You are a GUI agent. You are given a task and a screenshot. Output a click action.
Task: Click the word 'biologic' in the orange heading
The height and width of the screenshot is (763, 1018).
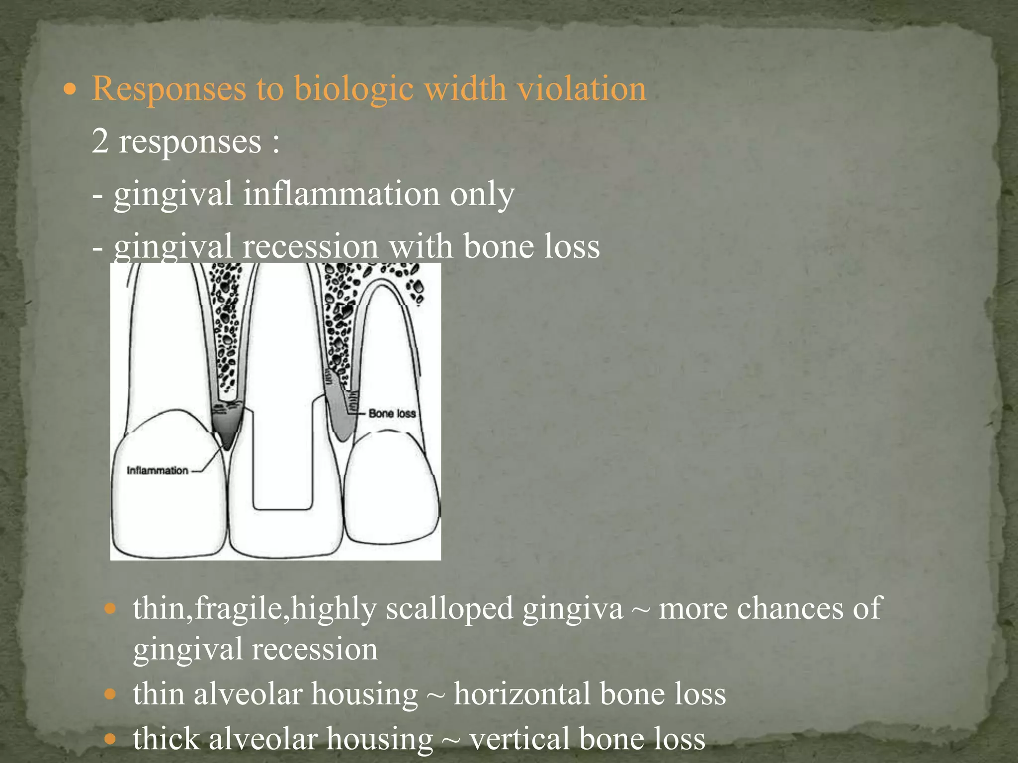pyautogui.click(x=353, y=89)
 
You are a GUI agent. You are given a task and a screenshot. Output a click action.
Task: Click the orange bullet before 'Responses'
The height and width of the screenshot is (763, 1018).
pyautogui.click(x=71, y=90)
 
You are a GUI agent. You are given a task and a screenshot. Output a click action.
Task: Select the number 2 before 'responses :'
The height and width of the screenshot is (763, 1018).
pyautogui.click(x=100, y=141)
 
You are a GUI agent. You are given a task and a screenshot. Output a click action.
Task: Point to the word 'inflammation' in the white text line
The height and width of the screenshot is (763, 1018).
pyautogui.click(x=341, y=194)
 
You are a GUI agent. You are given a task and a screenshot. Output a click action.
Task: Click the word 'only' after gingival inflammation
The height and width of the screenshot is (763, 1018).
pyautogui.click(x=482, y=195)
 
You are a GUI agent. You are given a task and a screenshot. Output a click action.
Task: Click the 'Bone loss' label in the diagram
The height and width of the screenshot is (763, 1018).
pyautogui.click(x=392, y=413)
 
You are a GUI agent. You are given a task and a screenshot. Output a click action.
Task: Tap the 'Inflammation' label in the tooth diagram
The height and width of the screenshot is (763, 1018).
pyautogui.click(x=157, y=470)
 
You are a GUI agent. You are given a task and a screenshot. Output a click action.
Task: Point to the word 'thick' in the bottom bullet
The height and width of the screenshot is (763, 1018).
pyautogui.click(x=166, y=738)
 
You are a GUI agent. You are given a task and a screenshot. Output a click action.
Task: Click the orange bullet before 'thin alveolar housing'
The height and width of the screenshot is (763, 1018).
pyautogui.click(x=110, y=694)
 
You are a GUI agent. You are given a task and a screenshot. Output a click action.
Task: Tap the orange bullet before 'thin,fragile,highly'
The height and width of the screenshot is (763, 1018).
pyautogui.click(x=110, y=608)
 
